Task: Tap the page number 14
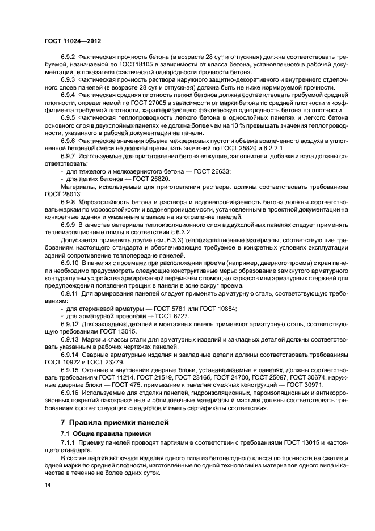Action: click(x=47, y=486)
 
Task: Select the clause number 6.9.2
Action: click(x=69, y=57)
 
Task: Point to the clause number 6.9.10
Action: click(x=70, y=279)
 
